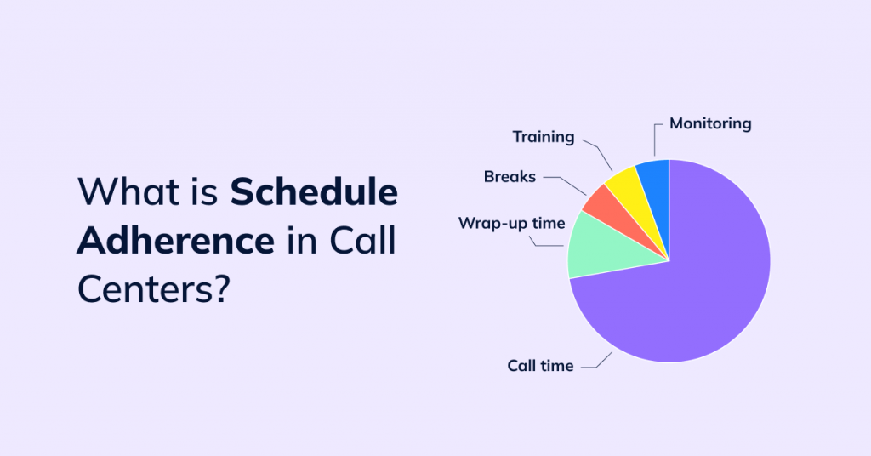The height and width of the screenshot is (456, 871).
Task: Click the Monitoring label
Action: click(x=710, y=123)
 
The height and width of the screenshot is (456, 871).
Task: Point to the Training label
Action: click(x=543, y=136)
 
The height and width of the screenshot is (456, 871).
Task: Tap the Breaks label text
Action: click(x=510, y=177)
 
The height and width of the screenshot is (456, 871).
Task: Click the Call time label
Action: click(x=540, y=366)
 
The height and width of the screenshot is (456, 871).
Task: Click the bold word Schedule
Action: click(x=314, y=192)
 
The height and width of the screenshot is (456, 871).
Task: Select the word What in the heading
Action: click(x=124, y=192)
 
